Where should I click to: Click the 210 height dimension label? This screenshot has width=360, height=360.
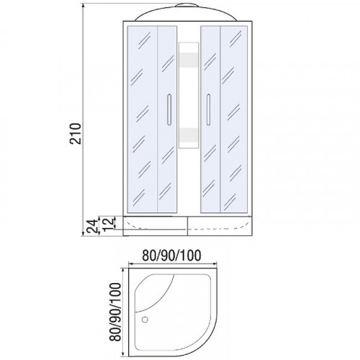click(x=76, y=133)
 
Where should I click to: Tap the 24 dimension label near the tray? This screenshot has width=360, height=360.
click(x=93, y=226)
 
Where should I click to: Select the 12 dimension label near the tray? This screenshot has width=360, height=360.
click(x=109, y=224)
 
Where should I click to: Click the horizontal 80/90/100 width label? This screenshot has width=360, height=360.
click(x=171, y=256)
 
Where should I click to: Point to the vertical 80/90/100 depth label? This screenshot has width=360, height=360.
click(x=115, y=312)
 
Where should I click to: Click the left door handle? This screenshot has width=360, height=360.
click(x=169, y=109)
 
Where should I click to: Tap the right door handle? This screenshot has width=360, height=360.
click(x=208, y=109)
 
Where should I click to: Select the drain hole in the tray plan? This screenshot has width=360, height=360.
click(x=145, y=320)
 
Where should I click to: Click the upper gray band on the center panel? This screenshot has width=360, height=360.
click(x=189, y=60)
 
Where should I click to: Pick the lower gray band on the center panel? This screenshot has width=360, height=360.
click(x=189, y=135)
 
